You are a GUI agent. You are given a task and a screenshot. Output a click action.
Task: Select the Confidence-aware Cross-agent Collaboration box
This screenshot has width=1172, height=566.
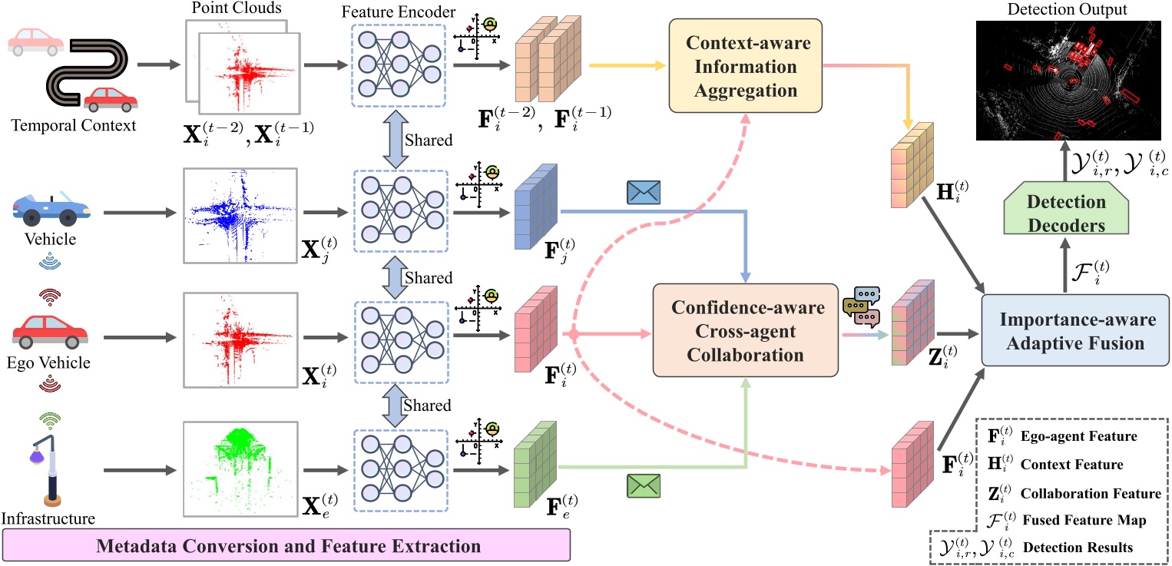(x=743, y=329)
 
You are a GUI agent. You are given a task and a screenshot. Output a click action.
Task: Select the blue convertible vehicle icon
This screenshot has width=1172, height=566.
(x=52, y=207)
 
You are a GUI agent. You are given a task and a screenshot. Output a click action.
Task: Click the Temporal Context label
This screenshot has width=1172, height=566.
(x=73, y=125)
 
